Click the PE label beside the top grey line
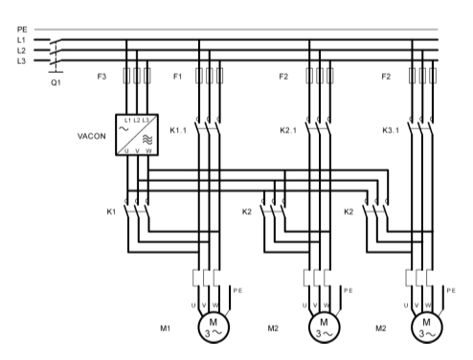click(x=22, y=30)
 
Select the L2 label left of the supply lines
click(x=21, y=51)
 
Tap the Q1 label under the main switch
click(x=56, y=82)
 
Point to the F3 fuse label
click(x=101, y=77)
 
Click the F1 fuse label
click(x=177, y=77)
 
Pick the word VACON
click(x=92, y=136)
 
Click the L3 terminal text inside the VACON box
click(x=146, y=121)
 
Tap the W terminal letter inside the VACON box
click(x=148, y=151)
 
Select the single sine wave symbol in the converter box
click(x=124, y=129)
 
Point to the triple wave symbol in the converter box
click(x=147, y=139)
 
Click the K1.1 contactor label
click(x=178, y=130)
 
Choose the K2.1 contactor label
click(x=288, y=130)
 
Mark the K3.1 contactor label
click(x=391, y=130)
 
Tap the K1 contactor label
click(x=111, y=212)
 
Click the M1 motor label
click(x=165, y=328)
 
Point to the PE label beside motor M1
click(x=237, y=290)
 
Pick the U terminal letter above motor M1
click(x=193, y=305)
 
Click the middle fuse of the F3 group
click(x=137, y=76)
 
